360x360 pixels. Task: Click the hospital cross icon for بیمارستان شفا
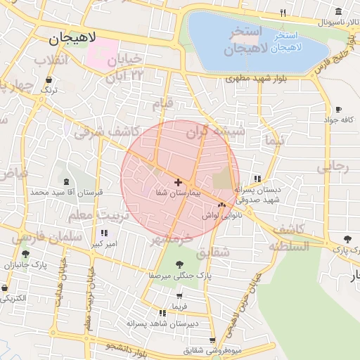(178, 182)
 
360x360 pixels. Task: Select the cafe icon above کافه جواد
(338, 110)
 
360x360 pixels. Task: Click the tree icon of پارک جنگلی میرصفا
(179, 264)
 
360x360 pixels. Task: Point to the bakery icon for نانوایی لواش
(222, 205)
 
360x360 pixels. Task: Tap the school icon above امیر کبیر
(104, 233)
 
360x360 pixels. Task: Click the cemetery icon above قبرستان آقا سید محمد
(65, 181)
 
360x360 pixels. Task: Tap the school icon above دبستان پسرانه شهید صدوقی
(257, 179)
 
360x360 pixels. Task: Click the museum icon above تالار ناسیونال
(338, 11)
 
